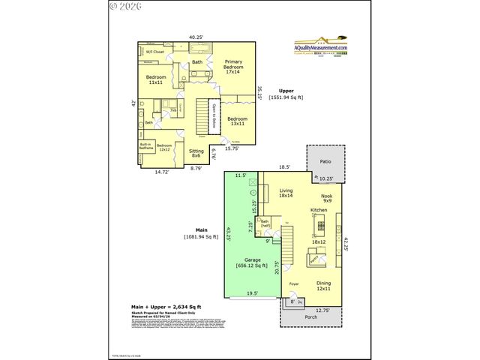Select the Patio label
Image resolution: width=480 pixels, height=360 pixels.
click(325, 161)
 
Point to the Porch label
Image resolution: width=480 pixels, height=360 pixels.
click(312, 316)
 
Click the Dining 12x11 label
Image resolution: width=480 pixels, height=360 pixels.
click(323, 285)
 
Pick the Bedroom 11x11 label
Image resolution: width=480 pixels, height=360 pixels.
click(155, 81)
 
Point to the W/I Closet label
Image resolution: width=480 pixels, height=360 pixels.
click(154, 52)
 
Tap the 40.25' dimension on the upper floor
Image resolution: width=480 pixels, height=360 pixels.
click(196, 36)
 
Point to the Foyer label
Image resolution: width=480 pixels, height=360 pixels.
click(294, 284)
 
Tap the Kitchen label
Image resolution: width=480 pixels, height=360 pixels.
click(319, 211)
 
